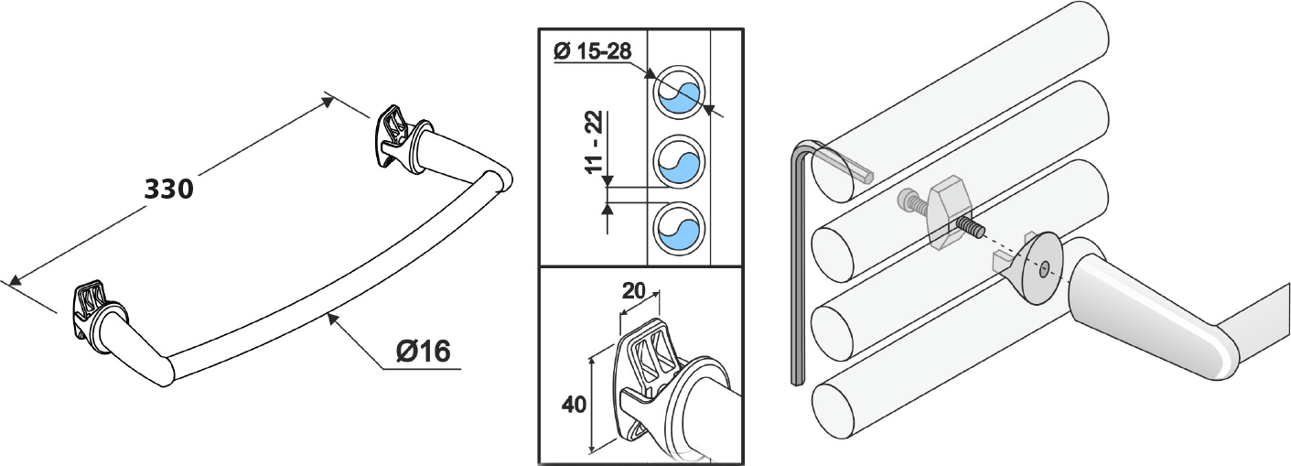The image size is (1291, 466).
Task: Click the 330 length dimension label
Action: tap(168, 189)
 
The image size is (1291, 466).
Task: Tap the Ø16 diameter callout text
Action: tap(424, 351)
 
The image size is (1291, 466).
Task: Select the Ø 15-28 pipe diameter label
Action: tap(593, 51)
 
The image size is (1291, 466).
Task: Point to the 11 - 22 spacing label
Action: tap(594, 142)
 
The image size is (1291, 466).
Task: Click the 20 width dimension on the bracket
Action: tap(633, 290)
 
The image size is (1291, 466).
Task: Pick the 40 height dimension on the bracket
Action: tap(574, 405)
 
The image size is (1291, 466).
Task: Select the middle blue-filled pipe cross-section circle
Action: tap(679, 161)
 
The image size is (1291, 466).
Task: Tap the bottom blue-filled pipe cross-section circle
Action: tap(679, 228)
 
